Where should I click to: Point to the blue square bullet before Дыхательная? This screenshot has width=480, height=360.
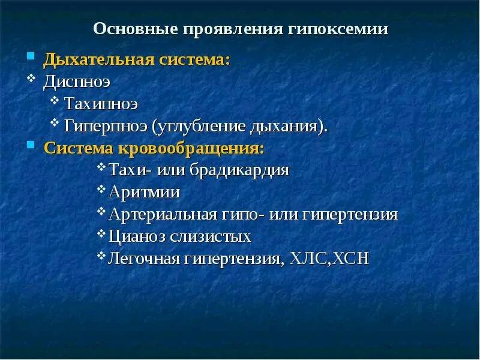point(30,58)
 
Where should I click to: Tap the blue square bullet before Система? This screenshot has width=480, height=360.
point(30,145)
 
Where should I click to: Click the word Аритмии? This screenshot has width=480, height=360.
point(144,193)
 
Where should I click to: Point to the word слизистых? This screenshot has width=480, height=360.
point(210,236)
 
